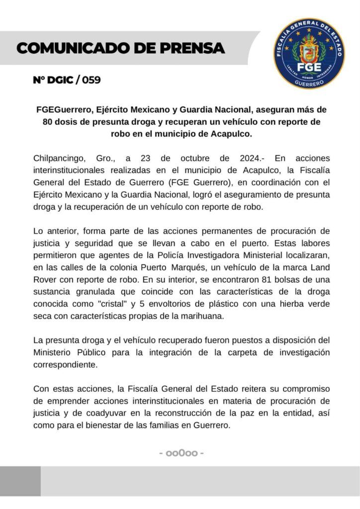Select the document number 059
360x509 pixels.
click(90, 80)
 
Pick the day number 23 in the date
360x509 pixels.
click(145, 159)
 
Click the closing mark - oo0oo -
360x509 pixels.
click(181, 453)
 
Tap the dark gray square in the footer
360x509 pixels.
click(20, 481)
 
